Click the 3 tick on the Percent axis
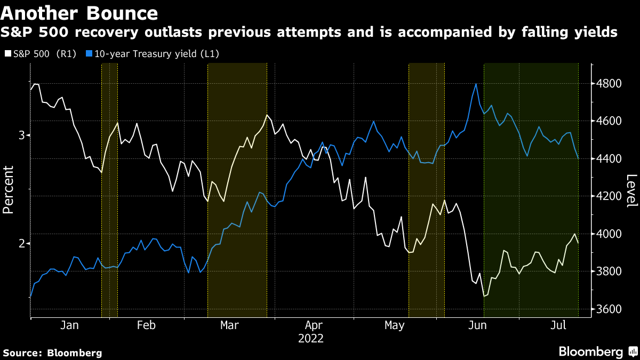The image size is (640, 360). click(21, 135)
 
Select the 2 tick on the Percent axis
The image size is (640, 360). click(21, 243)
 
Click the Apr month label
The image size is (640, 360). click(314, 325)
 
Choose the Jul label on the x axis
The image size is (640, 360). click(558, 325)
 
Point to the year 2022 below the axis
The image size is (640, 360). click(311, 338)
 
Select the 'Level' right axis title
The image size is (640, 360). click(631, 191)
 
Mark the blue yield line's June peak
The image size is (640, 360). click(475, 84)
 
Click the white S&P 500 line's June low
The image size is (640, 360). click(484, 296)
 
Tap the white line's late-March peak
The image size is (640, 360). click(266, 115)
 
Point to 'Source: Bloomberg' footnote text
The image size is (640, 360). click(52, 353)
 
